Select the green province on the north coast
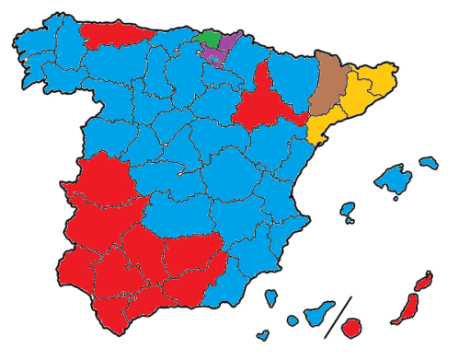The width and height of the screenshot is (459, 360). coord(210,39)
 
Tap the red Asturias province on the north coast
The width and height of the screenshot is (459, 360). coord(115,35)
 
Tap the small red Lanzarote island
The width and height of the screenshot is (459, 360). coord(425,280)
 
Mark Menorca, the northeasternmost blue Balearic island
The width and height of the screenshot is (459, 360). coord(429,163)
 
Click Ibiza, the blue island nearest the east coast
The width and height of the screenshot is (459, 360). coord(348,211)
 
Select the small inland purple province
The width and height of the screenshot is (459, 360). coord(214,54)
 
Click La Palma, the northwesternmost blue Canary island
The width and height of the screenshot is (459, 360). coord(272,298)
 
